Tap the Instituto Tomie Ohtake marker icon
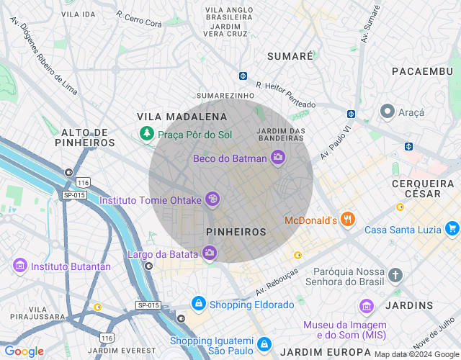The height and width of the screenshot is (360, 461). [212, 199]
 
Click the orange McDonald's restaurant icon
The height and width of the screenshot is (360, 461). [348, 219]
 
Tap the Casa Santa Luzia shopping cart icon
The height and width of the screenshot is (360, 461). [452, 229]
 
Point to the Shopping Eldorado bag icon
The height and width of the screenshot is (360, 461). [198, 305]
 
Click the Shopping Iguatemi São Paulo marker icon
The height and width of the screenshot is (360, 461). [264, 345]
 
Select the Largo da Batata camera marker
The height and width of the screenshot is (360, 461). [210, 253]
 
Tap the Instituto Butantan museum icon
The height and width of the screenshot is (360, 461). [19, 266]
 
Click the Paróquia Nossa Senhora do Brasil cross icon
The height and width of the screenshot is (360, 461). [395, 275]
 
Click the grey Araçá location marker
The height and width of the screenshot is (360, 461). [388, 112]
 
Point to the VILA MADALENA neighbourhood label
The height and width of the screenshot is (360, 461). [182, 117]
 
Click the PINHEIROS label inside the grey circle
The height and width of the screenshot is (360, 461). [236, 232]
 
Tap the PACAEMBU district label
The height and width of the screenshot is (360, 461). [421, 71]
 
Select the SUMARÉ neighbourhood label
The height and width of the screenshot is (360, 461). [290, 55]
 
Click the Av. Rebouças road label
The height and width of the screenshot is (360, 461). [277, 283]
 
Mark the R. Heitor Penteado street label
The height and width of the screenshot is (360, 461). [285, 94]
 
